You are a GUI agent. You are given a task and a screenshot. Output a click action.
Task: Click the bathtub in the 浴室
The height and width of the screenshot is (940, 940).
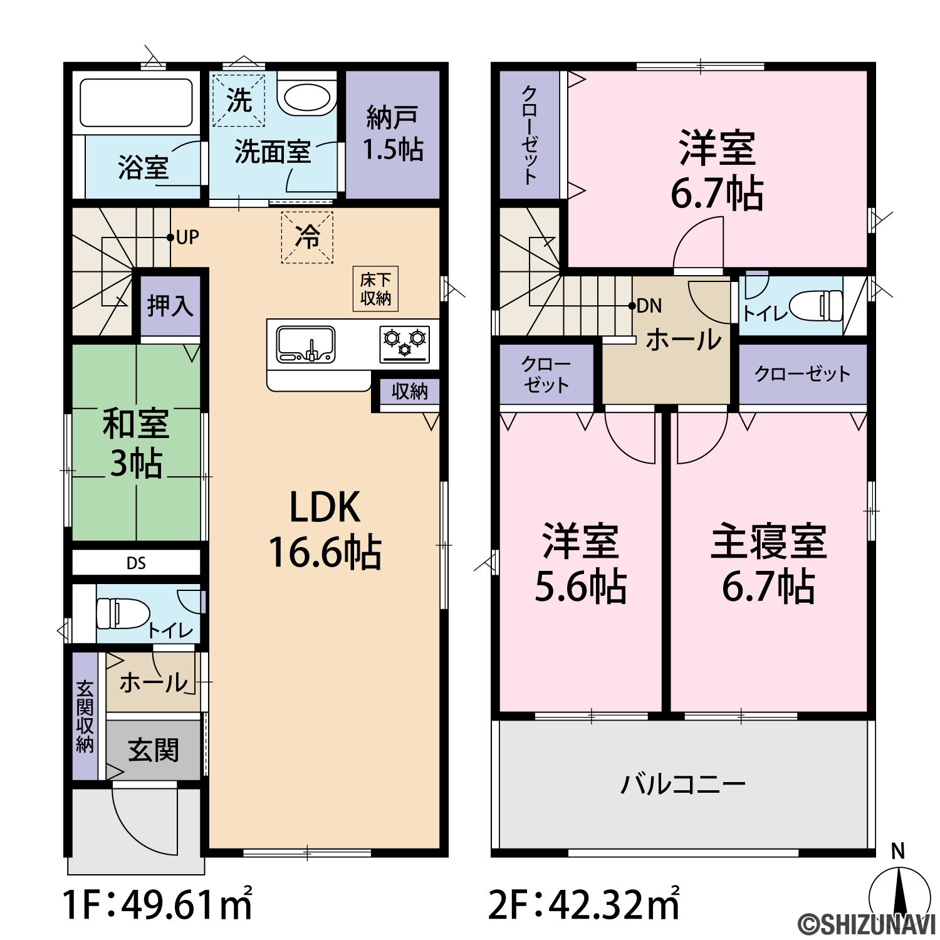click(136, 102)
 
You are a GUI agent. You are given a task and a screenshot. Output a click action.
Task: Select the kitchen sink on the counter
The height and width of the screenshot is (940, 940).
click(305, 344)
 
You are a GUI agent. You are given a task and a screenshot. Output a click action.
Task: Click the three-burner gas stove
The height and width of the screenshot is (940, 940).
click(405, 344)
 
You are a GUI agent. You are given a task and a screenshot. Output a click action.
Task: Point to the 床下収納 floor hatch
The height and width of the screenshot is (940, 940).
click(376, 289)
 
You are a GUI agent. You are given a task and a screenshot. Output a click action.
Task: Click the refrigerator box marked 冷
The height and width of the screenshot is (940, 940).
click(307, 237)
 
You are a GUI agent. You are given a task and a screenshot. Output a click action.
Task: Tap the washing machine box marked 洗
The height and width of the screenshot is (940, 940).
click(239, 100)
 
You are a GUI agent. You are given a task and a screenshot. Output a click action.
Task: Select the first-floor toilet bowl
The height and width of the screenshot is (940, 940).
click(123, 613)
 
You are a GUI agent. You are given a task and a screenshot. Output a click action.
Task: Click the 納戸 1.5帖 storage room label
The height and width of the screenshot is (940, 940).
click(393, 133)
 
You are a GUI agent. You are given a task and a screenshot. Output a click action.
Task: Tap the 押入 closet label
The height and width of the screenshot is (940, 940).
click(170, 306)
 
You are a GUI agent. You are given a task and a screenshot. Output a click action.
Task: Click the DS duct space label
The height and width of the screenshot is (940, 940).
click(136, 563)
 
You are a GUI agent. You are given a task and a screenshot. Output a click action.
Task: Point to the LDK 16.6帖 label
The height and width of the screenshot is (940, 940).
click(325, 530)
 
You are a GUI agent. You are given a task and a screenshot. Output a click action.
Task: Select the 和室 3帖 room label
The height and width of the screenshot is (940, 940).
click(136, 443)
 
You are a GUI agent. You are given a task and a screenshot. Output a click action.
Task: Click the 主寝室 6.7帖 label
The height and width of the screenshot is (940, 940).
click(769, 563)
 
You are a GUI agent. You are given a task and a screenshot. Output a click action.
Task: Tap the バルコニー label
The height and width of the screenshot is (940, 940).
click(683, 784)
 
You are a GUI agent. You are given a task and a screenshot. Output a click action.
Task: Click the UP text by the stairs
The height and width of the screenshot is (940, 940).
click(187, 237)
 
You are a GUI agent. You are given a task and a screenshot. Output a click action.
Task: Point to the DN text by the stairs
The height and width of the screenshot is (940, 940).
click(649, 306)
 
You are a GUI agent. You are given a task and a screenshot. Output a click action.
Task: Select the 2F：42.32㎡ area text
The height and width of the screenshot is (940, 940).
click(584, 903)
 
